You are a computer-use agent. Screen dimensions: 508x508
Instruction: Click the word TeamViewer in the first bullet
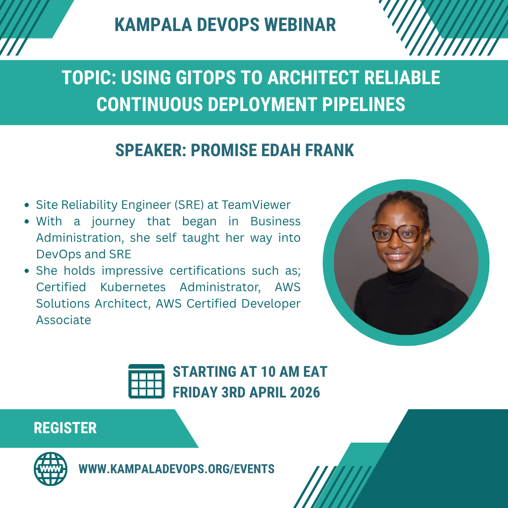(x=256, y=205)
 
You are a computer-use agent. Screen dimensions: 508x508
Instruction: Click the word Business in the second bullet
(x=275, y=221)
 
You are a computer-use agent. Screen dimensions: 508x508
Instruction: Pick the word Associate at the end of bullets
(x=63, y=320)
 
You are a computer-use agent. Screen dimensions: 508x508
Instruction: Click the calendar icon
(x=146, y=381)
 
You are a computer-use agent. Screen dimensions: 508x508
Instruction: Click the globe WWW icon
(x=50, y=469)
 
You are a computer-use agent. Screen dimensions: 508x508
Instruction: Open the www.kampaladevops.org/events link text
(x=176, y=469)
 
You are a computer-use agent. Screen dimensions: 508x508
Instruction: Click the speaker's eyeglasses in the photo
(x=397, y=232)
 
